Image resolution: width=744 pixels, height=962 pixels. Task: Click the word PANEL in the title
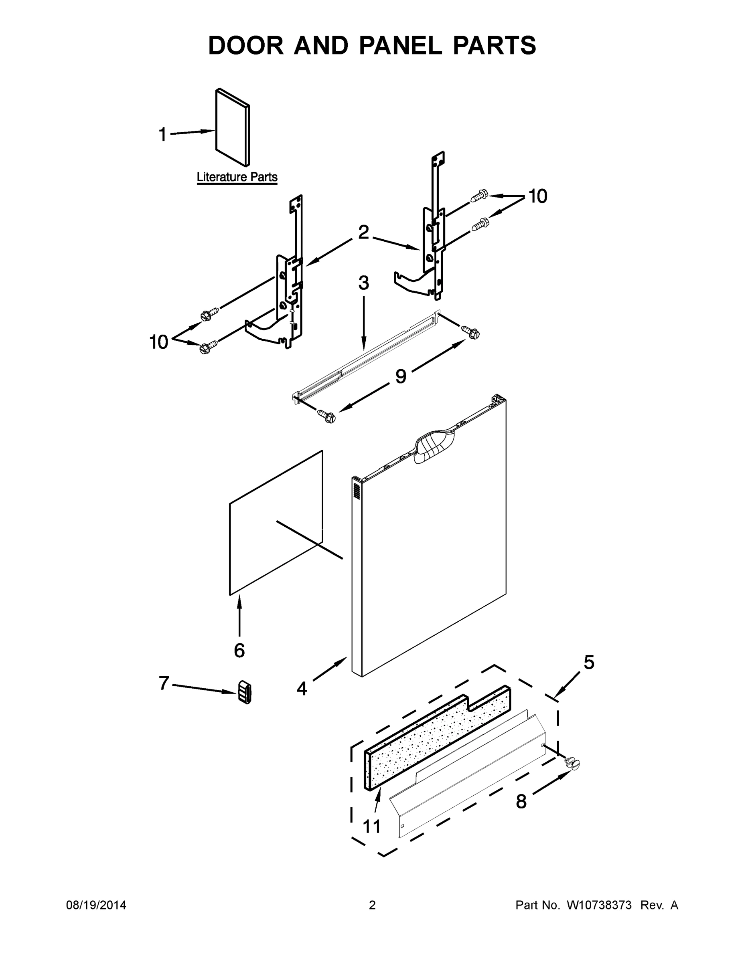400,45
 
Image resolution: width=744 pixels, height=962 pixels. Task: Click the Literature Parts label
237,177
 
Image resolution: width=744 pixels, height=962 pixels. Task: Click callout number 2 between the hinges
363,232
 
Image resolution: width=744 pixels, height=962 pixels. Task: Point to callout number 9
400,376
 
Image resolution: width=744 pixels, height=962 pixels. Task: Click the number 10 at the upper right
537,196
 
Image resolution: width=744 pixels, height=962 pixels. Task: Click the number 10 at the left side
159,342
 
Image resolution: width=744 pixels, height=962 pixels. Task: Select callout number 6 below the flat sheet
239,650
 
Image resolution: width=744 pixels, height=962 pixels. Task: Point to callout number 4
302,689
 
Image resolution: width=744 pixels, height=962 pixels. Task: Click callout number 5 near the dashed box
589,663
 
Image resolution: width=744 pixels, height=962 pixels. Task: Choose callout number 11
371,827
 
